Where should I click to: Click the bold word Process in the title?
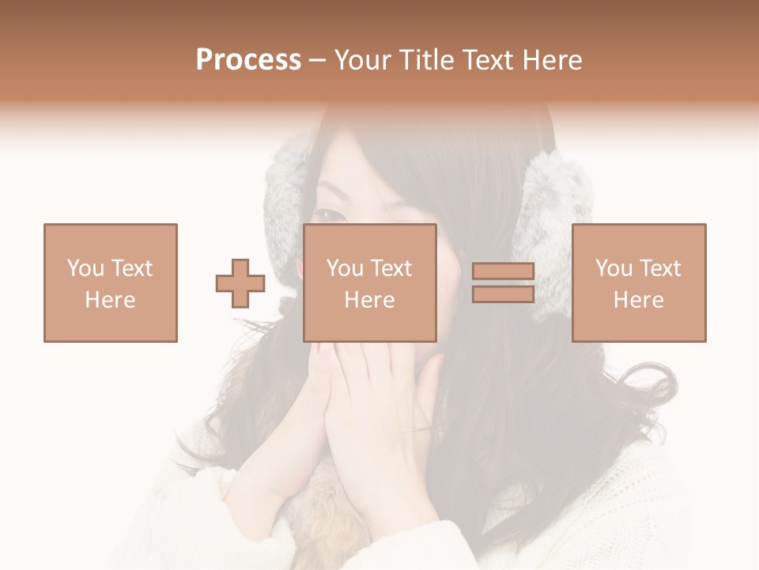point(248,60)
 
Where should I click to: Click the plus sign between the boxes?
point(240,283)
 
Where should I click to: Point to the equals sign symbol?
point(503,283)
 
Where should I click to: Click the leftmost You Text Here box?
point(111,283)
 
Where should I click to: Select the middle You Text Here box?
point(370,283)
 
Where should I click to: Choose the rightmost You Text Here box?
point(639,283)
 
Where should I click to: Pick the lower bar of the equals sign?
point(503,294)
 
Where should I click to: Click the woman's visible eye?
point(331,215)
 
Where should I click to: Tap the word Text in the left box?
point(133,268)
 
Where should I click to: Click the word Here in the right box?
point(639,300)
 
